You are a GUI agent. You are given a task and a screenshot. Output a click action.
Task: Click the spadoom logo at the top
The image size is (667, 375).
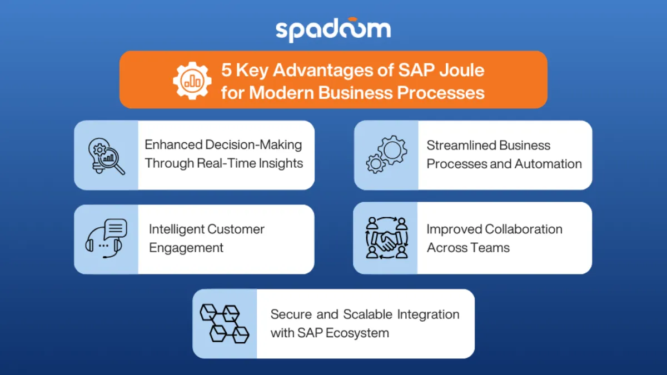tap(333, 31)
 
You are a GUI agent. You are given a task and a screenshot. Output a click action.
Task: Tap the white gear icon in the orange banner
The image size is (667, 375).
tap(192, 80)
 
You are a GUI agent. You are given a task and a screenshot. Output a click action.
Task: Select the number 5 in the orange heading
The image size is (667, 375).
tap(226, 71)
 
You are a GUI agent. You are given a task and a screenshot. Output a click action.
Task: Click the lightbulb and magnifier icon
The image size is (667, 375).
tap(106, 156)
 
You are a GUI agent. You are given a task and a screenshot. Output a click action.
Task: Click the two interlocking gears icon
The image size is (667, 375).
tap(386, 155)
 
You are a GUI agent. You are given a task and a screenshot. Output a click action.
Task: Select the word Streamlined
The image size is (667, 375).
tap(460, 146)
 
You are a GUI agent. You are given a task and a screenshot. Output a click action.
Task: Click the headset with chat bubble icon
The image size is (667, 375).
tap(106, 239)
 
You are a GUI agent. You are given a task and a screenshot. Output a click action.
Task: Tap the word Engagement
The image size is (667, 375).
tap(186, 248)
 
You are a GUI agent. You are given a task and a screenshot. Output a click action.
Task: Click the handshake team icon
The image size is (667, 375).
tap(386, 238)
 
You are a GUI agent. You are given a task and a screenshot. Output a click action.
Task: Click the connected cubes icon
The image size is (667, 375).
tap(225, 323)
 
